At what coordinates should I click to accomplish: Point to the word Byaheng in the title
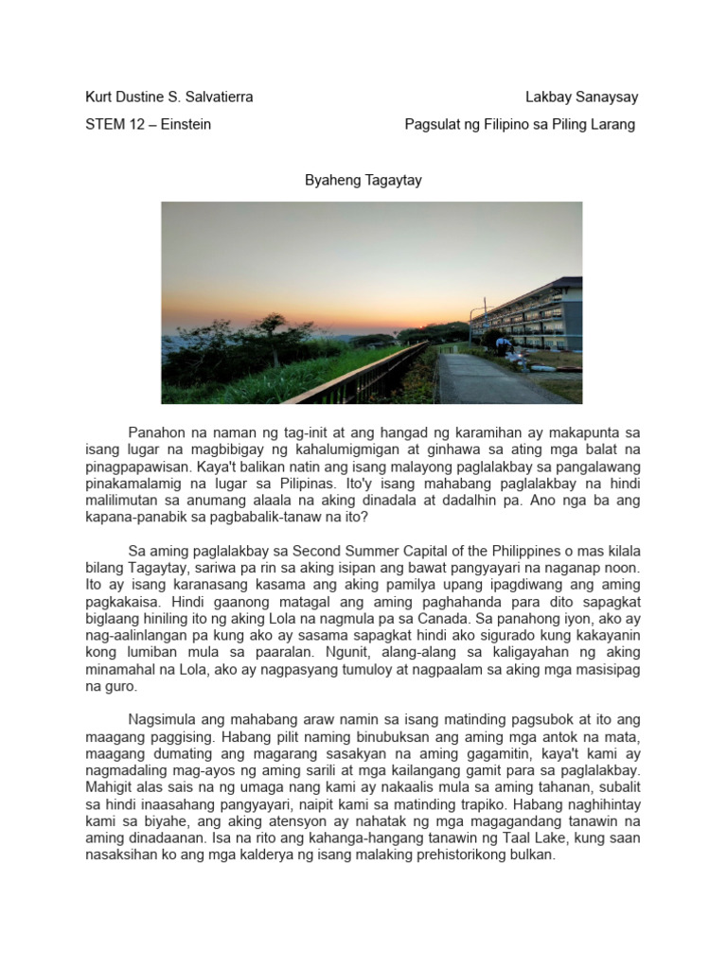coord(328,180)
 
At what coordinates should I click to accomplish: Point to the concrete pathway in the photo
coord(483,379)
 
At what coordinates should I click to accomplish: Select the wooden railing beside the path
coord(379,374)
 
